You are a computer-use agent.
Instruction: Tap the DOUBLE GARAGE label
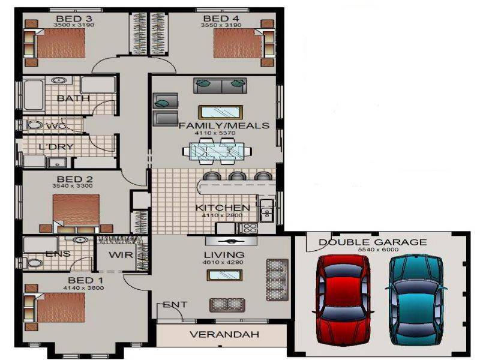(x=373, y=242)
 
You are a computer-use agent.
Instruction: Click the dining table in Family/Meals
(x=216, y=150)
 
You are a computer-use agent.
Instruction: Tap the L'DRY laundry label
(x=52, y=147)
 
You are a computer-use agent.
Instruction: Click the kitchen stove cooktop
(x=248, y=228)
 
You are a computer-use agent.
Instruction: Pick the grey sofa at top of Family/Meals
(x=220, y=86)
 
